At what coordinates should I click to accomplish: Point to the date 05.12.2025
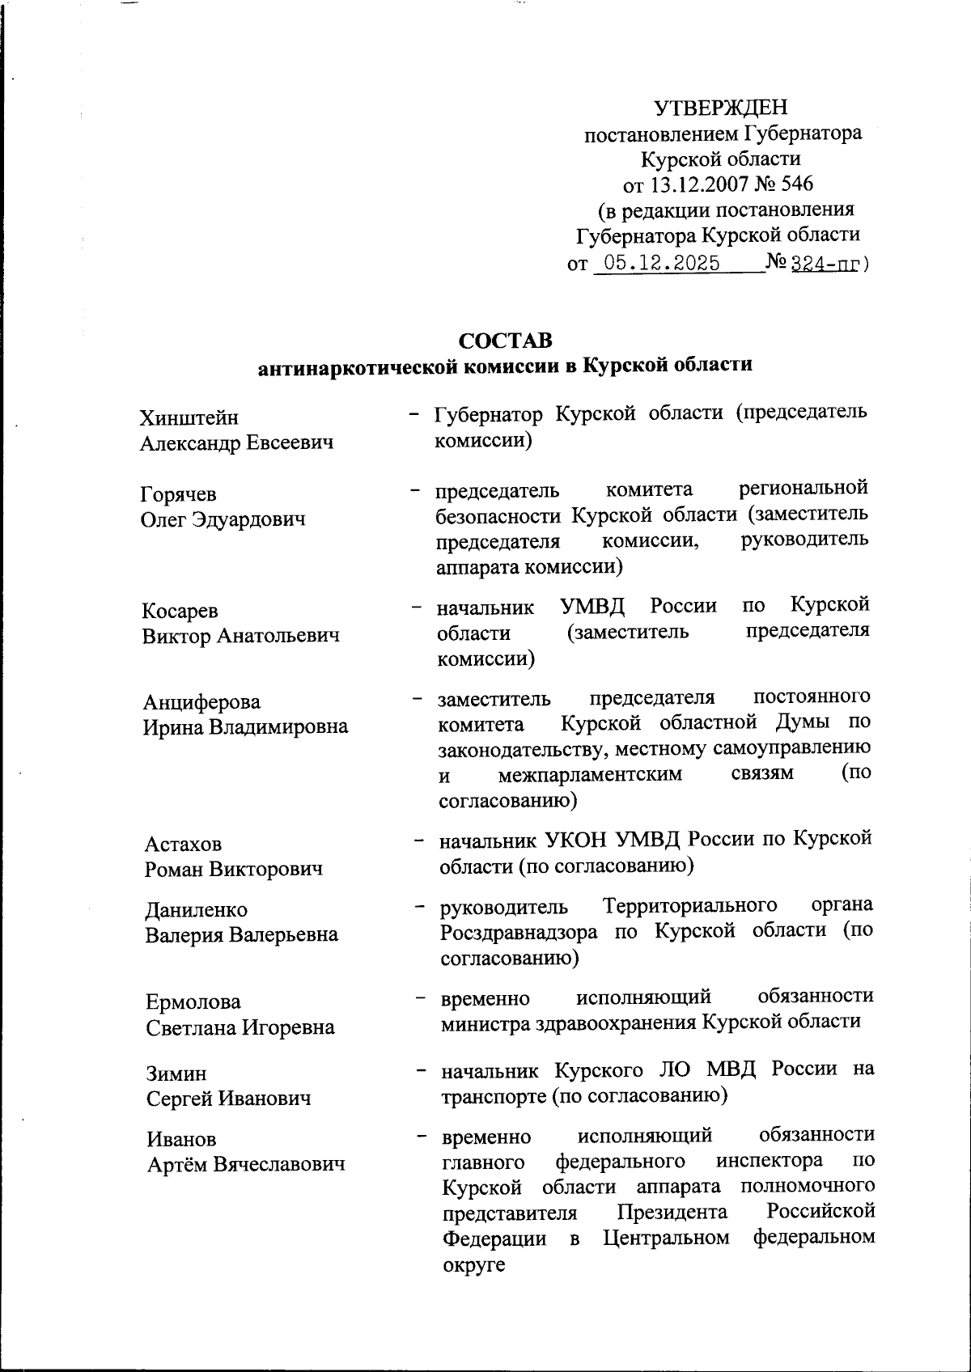(657, 264)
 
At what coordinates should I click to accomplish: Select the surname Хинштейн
(189, 417)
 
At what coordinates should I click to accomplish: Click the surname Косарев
(180, 611)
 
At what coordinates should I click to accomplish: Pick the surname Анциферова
(201, 701)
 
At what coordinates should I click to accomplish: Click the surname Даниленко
(197, 910)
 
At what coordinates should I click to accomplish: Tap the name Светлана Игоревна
(240, 1027)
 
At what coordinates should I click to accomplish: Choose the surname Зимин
(176, 1073)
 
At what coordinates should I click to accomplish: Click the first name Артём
(176, 1164)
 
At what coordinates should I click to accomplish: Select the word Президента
(672, 1212)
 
